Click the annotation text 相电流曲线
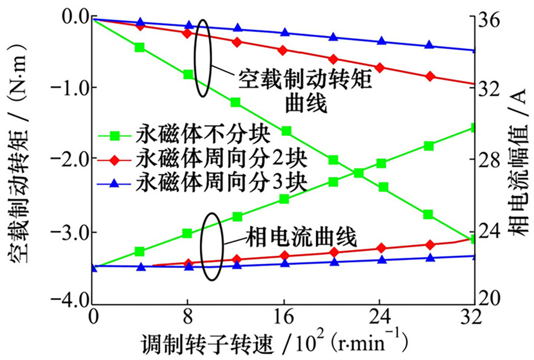pyautogui.click(x=300, y=239)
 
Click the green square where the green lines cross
pyautogui.click(x=359, y=173)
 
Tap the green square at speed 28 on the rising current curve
pyautogui.click(x=429, y=146)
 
